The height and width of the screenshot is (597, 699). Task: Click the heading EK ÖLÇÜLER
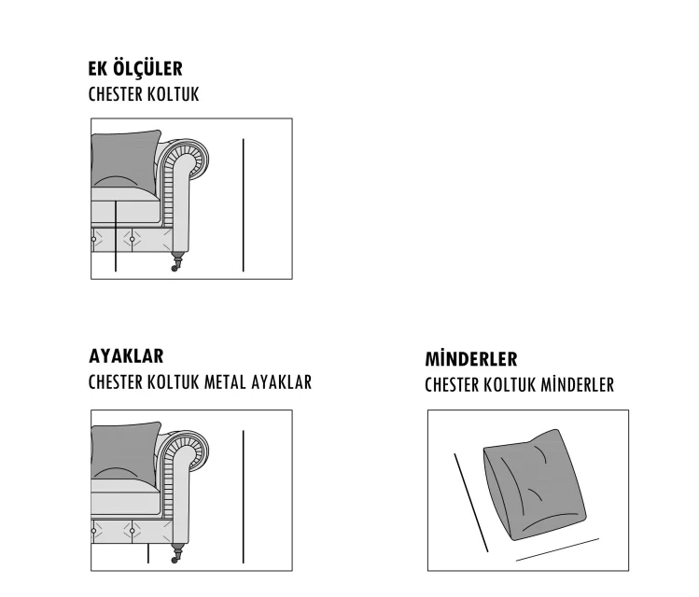click(135, 69)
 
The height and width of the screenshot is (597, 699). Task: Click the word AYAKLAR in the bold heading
click(126, 356)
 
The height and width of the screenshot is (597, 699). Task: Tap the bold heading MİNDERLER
click(471, 358)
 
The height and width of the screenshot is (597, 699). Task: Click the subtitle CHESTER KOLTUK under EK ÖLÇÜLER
click(144, 94)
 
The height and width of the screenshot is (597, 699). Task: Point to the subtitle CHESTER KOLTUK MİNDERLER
click(519, 385)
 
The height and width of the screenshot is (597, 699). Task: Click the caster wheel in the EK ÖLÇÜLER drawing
click(175, 268)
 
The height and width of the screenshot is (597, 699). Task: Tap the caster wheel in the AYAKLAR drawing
click(175, 559)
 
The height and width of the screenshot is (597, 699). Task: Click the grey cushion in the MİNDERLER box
click(535, 485)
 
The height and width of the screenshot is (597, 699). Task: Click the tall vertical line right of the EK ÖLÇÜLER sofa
click(244, 205)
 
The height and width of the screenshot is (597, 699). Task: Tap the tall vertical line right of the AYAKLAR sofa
click(244, 497)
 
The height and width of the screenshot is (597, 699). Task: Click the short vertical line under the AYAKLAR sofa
click(148, 553)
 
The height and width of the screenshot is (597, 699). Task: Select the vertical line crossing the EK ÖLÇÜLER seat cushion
click(116, 236)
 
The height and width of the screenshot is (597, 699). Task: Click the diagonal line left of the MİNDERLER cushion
click(471, 503)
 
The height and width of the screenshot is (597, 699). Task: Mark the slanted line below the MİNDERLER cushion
click(558, 549)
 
